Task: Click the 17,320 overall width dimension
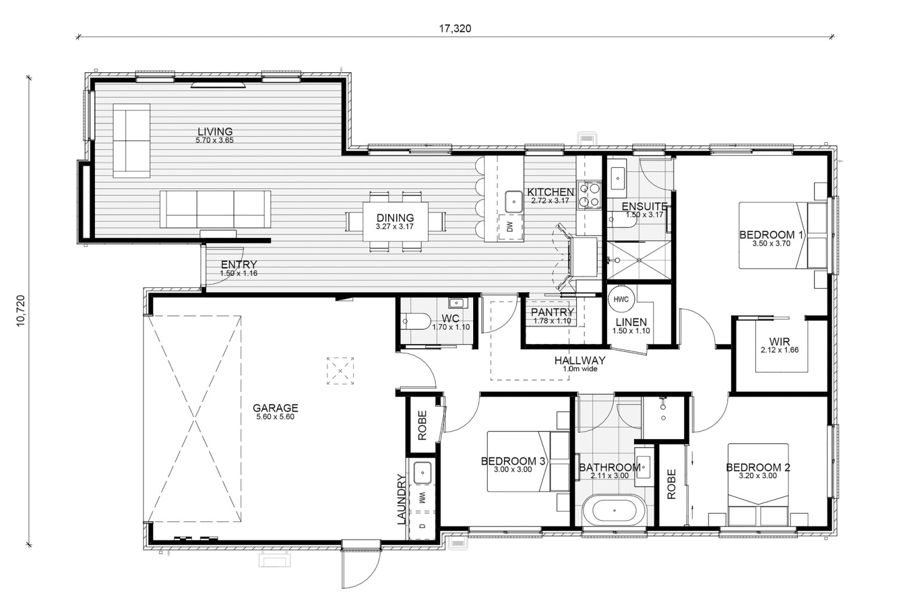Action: pyautogui.click(x=455, y=29)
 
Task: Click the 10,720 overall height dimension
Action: pyautogui.click(x=21, y=311)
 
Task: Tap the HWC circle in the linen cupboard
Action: pyautogui.click(x=621, y=299)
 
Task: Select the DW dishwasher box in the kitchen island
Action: pyautogui.click(x=510, y=227)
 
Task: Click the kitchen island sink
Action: pyautogui.click(x=514, y=201)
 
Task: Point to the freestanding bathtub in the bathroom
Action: pyautogui.click(x=614, y=510)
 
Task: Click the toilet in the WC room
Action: pyautogui.click(x=415, y=321)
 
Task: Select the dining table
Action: pyautogui.click(x=395, y=222)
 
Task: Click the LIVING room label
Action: pyautogui.click(x=215, y=132)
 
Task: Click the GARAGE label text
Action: pyautogui.click(x=275, y=408)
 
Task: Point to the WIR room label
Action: pyautogui.click(x=780, y=342)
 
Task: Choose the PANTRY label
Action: pyautogui.click(x=552, y=312)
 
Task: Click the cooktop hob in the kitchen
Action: pyautogui.click(x=590, y=195)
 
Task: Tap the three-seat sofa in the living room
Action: pyautogui.click(x=215, y=209)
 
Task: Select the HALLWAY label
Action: pyautogui.click(x=580, y=360)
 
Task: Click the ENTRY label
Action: pyautogui.click(x=239, y=265)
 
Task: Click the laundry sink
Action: pyautogui.click(x=422, y=473)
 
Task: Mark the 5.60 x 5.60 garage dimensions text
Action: pyautogui.click(x=275, y=416)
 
